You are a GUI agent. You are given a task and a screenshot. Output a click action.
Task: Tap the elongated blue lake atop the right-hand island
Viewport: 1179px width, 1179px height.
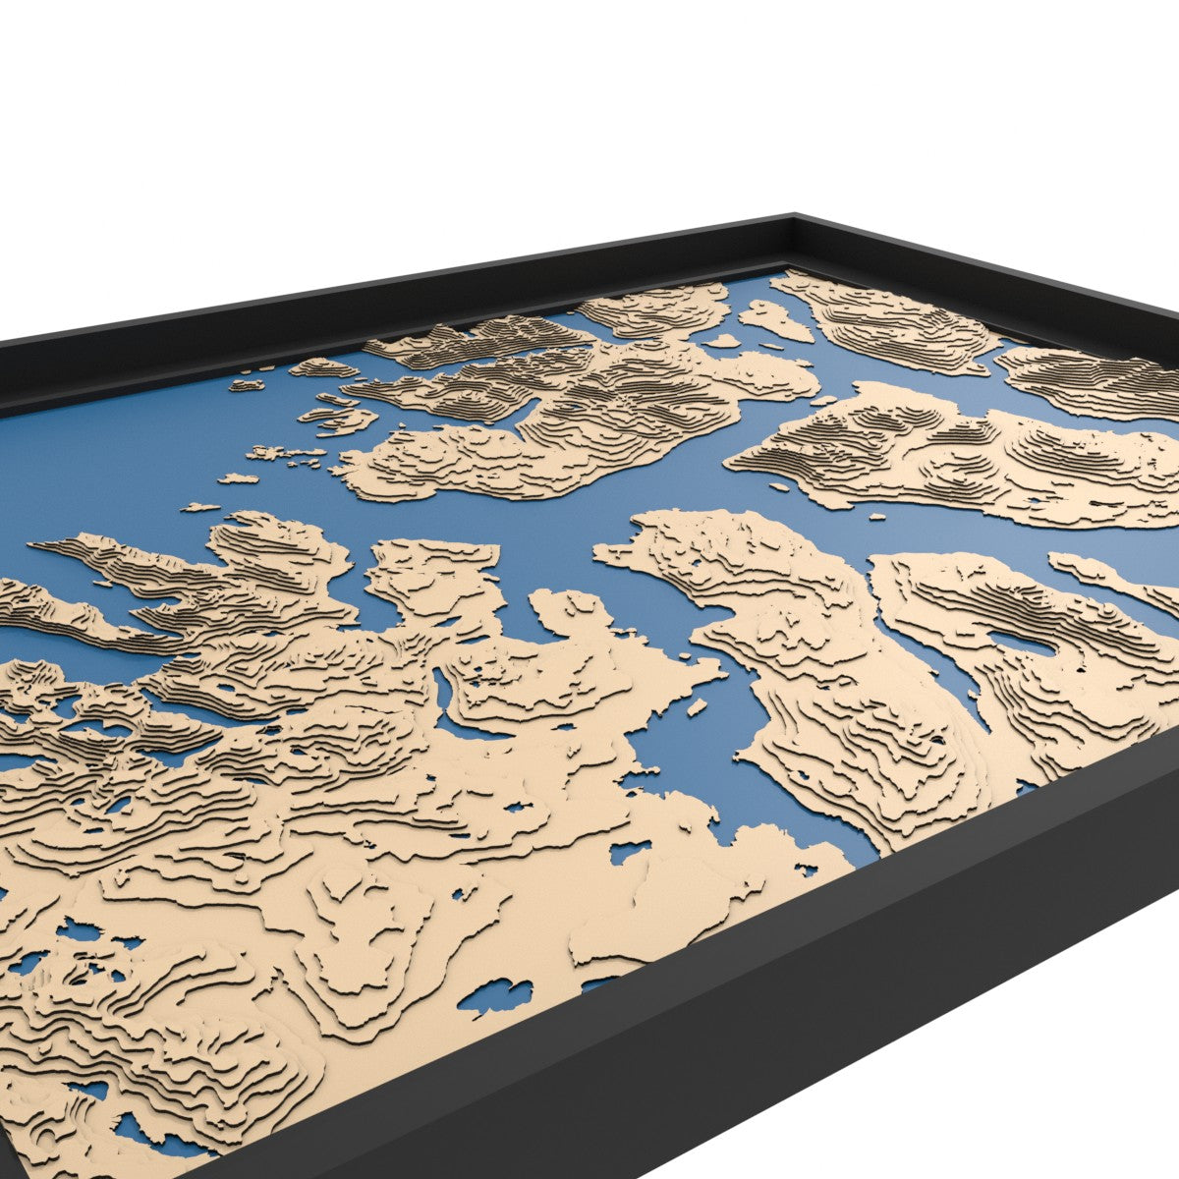point(1022,644)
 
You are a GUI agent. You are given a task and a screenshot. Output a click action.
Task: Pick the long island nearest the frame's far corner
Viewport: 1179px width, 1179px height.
point(894,324)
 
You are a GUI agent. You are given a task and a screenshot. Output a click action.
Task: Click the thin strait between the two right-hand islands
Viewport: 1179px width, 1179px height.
point(928,668)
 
